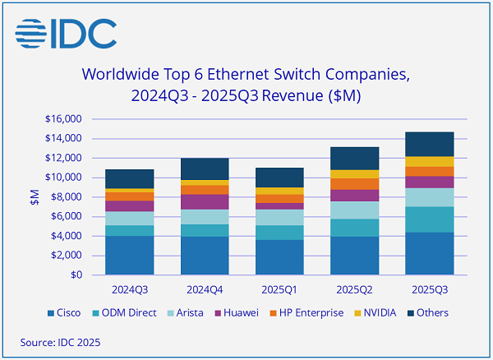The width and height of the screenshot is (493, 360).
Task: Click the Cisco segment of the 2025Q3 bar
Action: pyautogui.click(x=429, y=253)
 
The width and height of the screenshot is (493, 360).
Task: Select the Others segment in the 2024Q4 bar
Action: pyautogui.click(x=205, y=169)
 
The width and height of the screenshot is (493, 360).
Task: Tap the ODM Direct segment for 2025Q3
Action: pyautogui.click(x=429, y=219)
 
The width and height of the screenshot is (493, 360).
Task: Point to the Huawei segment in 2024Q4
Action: pyautogui.click(x=205, y=202)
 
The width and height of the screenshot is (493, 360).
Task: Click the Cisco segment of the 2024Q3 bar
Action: pyautogui.click(x=129, y=256)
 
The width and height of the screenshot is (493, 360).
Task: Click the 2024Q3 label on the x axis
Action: pyautogui.click(x=129, y=290)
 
